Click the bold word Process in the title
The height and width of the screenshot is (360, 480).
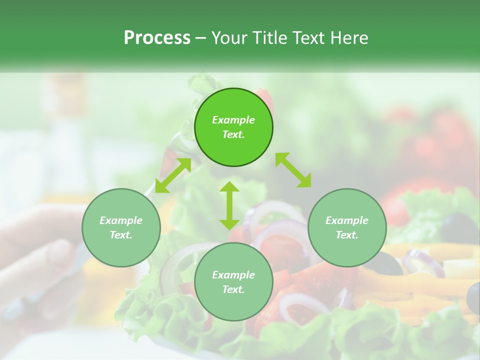click(157, 38)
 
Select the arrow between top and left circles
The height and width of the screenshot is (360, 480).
click(173, 175)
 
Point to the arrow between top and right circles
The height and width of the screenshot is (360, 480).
click(293, 170)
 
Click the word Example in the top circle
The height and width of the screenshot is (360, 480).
click(233, 120)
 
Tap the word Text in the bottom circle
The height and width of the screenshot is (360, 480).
click(233, 289)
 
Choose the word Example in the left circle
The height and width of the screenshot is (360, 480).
click(121, 220)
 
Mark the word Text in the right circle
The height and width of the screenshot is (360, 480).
click(347, 235)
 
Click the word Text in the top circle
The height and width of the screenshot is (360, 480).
click(233, 134)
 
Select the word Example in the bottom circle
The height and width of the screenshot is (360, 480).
click(233, 275)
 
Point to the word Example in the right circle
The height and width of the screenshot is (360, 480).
click(347, 220)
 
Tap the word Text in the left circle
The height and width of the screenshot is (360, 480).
click(121, 235)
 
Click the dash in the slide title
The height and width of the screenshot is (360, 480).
click(201, 38)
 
